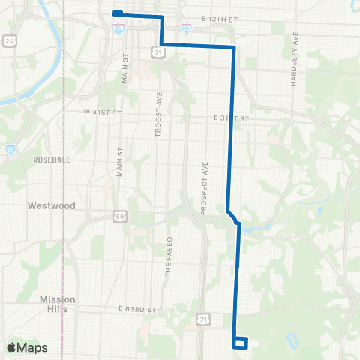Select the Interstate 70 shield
[x=186, y=28]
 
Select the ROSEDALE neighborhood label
[x=52, y=160]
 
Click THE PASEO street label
[x=169, y=260]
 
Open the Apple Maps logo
[x=27, y=348]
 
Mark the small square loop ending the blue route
[x=241, y=343]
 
